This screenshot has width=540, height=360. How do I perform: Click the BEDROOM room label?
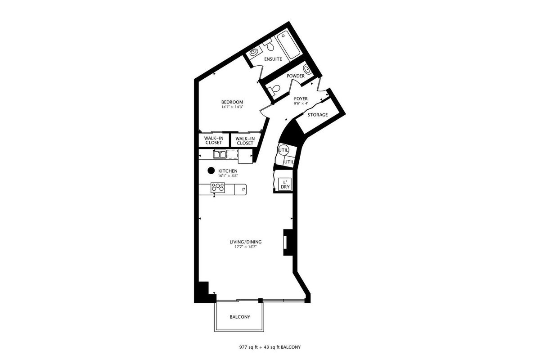click(x=232, y=102)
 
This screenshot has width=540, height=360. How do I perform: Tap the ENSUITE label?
click(x=273, y=59)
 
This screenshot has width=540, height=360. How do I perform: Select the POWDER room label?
click(x=296, y=76)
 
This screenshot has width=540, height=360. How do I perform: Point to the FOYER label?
click(x=301, y=99)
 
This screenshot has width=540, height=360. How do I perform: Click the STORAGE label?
click(x=318, y=115)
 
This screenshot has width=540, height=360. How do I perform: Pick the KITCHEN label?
click(x=228, y=171)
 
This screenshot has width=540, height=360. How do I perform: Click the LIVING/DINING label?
click(x=245, y=242)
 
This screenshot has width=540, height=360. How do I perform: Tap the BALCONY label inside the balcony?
click(x=240, y=317)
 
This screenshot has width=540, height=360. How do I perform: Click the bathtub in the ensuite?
click(x=288, y=45)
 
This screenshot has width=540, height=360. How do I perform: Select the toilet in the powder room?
click(x=274, y=90)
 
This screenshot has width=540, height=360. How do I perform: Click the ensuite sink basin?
click(x=254, y=52)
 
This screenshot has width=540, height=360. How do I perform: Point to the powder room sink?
click(x=307, y=69)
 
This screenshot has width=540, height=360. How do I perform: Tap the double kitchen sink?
click(x=220, y=154)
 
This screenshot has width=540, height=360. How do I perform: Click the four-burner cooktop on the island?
click(x=218, y=188)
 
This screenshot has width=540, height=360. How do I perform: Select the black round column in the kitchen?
click(x=211, y=171)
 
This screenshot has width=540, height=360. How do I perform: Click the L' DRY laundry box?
click(x=285, y=184)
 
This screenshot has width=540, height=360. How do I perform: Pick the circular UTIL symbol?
click(x=283, y=150)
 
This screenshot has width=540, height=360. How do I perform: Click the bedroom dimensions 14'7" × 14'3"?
click(x=232, y=107)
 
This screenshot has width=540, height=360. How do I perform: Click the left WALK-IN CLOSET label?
click(x=214, y=140)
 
